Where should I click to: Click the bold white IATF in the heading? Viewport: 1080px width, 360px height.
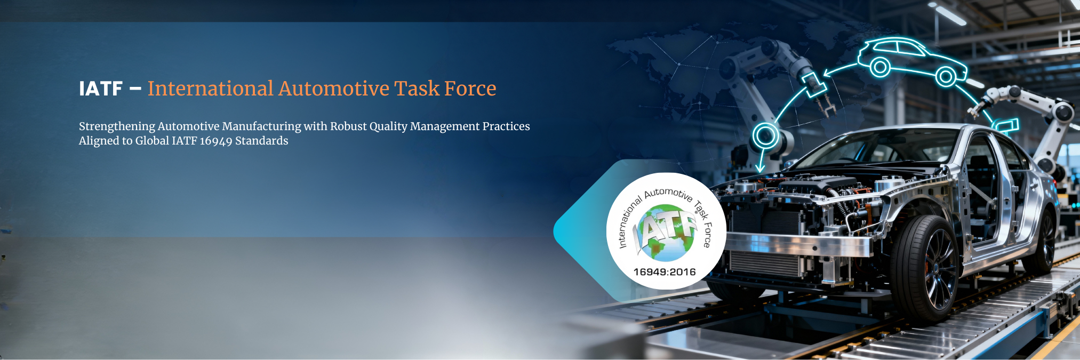click(101, 89)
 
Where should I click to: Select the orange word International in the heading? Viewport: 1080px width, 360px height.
click(211, 89)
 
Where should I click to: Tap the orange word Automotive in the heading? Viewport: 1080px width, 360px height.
click(334, 89)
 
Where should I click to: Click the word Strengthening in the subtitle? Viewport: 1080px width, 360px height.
click(117, 127)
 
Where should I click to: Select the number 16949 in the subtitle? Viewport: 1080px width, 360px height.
click(216, 141)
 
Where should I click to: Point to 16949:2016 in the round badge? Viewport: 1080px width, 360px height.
click(665, 272)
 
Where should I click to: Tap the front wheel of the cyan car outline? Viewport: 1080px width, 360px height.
click(946, 77)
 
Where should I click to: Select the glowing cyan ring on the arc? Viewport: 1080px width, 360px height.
click(766, 135)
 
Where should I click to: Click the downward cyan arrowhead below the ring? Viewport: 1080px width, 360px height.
click(761, 167)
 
